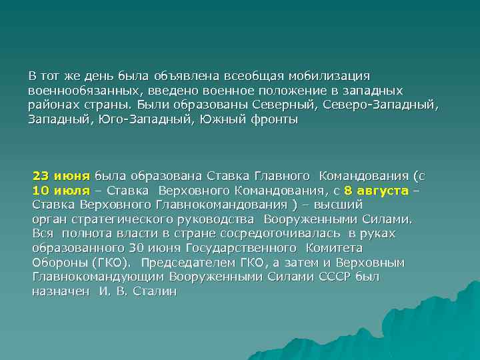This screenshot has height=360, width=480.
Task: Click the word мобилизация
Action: point(332,76)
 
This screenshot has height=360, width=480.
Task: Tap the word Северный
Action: point(289,105)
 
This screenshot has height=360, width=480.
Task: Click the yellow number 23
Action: point(41,177)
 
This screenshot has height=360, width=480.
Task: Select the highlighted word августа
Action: point(385,191)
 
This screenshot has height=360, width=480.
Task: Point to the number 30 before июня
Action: point(137,248)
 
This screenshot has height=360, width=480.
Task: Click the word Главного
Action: point(282,177)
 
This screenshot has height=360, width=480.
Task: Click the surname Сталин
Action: point(155,291)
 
